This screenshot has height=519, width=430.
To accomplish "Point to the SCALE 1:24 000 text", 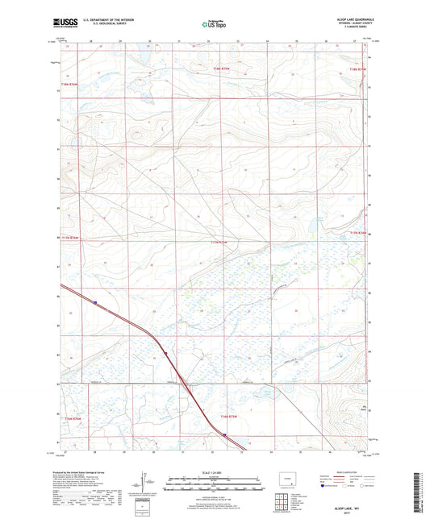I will pos(215,472).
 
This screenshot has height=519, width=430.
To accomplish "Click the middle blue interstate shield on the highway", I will pos(165,352).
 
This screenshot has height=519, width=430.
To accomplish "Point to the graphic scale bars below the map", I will pos(215,484).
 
